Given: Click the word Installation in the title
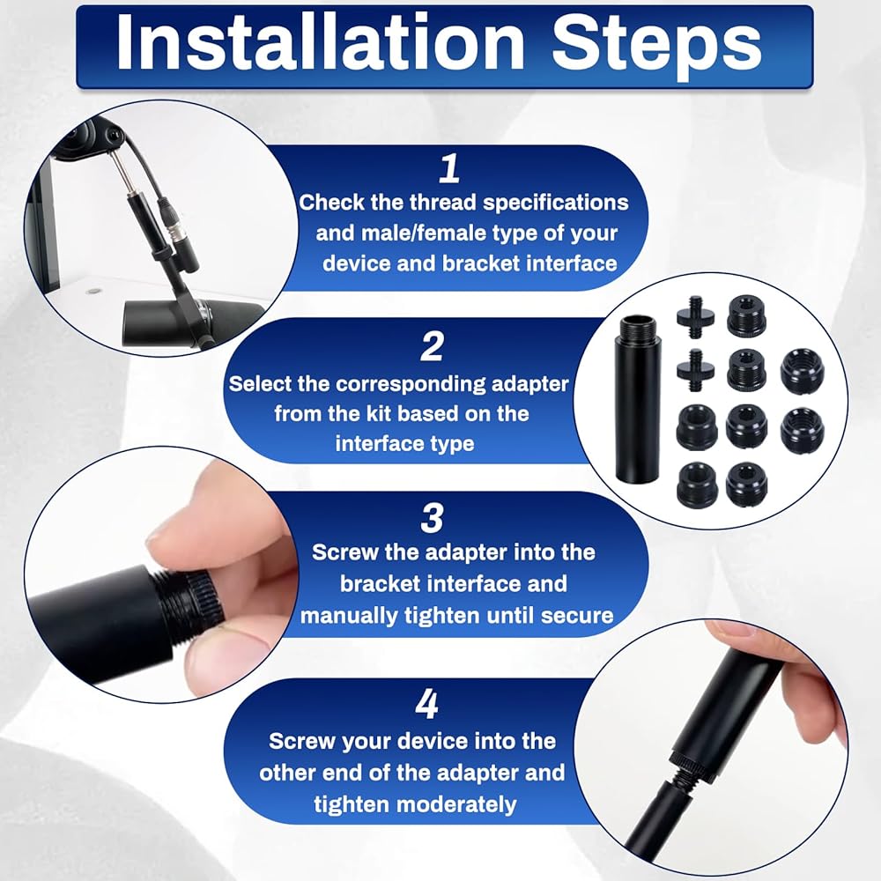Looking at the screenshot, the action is tap(321, 43).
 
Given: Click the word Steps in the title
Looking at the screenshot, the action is tap(657, 47).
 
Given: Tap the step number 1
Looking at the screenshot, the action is tap(449, 168).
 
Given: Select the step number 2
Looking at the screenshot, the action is tap(432, 346).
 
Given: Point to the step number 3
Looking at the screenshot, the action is tap(432, 518).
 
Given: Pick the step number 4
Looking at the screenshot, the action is tap(426, 704).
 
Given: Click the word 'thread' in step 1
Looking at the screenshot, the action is tap(443, 203).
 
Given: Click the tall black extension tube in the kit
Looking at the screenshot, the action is tap(638, 399).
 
